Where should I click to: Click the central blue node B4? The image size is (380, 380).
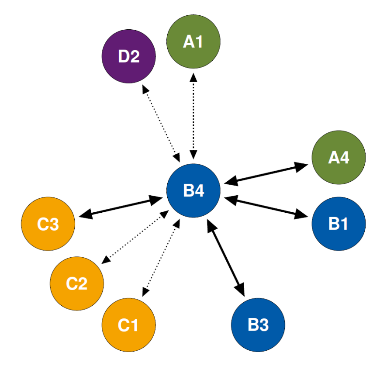click(x=193, y=190)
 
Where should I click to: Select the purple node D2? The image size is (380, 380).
click(x=128, y=57)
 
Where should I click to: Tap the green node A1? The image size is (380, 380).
click(x=193, y=42)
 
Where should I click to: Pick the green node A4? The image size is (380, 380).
click(x=339, y=157)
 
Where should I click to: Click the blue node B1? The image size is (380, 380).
click(x=339, y=224)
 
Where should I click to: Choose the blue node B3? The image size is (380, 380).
click(x=258, y=325)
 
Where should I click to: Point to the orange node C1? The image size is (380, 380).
click(x=128, y=325)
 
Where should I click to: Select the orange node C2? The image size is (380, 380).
click(x=77, y=283)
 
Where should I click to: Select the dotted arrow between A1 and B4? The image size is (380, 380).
click(x=193, y=116)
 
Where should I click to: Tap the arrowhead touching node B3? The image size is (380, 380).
click(x=240, y=288)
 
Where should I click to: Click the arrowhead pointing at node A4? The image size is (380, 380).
click(x=301, y=166)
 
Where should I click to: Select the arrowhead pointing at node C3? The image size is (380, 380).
click(x=85, y=214)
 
